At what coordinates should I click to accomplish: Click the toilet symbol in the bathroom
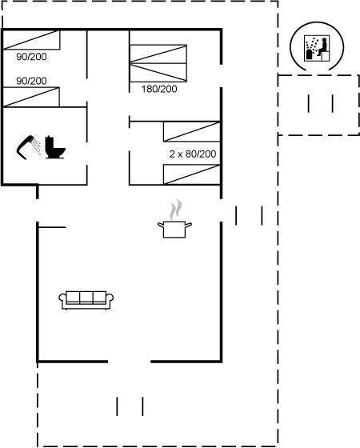coord(55,147)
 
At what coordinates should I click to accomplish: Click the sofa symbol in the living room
coord(86,300)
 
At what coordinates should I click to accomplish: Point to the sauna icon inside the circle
coord(317,48)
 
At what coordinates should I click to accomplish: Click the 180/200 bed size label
coord(159,89)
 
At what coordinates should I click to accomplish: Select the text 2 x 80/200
coord(193,154)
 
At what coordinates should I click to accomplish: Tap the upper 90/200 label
coord(31,57)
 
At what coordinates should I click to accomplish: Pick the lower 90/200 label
coord(31,81)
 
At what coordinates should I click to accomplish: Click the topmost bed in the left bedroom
coord(31,40)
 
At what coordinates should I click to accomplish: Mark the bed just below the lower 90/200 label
coord(31,97)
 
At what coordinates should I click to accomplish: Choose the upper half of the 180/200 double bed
coord(158,54)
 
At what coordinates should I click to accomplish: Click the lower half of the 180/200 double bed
coord(158,73)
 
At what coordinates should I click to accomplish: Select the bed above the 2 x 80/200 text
coord(192,131)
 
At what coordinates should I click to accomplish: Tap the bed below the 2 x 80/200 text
coord(192,174)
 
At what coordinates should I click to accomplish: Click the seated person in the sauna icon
coord(323,47)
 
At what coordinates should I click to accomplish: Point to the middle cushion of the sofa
coord(86,297)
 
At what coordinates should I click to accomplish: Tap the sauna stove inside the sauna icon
coord(310,54)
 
